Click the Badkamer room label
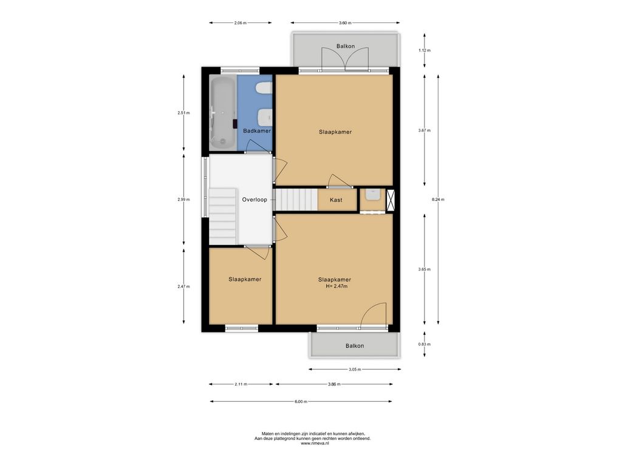click(x=257, y=131)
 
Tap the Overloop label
click(x=255, y=200)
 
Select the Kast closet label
click(x=336, y=200)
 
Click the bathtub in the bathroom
click(x=223, y=113)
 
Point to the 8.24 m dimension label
click(x=438, y=200)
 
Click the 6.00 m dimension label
click(x=301, y=402)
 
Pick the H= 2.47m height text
click(x=337, y=286)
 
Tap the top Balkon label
click(x=346, y=46)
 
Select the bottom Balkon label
click(x=355, y=345)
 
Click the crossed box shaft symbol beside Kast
click(x=391, y=200)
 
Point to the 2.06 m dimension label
click(x=241, y=23)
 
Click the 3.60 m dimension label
click(x=345, y=23)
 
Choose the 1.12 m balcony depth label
click(x=425, y=50)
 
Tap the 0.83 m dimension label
click(x=425, y=345)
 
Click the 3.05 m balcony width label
click(x=355, y=370)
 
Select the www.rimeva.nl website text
click(x=315, y=444)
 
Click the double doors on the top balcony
click(x=346, y=59)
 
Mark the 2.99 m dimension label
click(x=183, y=200)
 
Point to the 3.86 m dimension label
click(x=334, y=384)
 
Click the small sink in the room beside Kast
click(x=373, y=195)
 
